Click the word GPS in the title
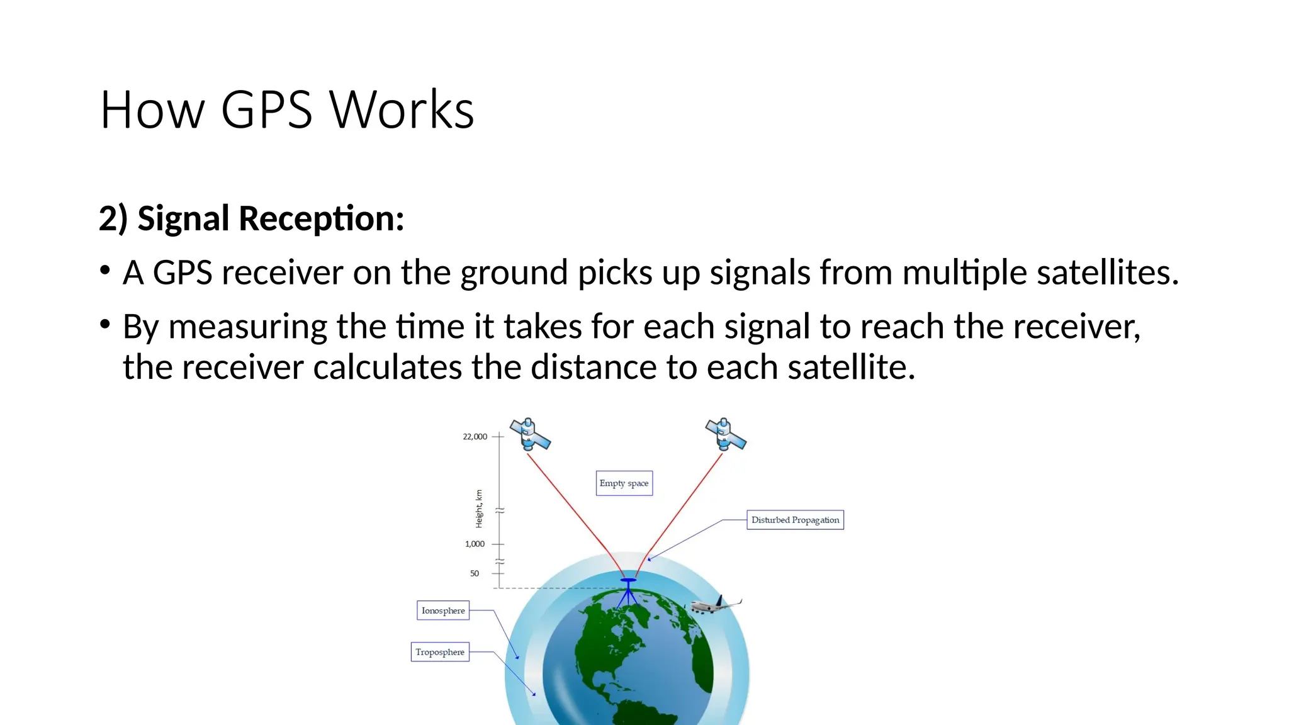(x=266, y=110)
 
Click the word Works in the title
(x=402, y=110)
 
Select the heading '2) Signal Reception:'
(x=251, y=218)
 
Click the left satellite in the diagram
(x=530, y=434)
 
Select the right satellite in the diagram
(x=726, y=434)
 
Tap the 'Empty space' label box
(x=624, y=483)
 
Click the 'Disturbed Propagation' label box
(x=795, y=520)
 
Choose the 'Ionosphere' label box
(x=443, y=610)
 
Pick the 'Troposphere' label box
(x=440, y=652)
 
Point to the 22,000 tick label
(x=475, y=436)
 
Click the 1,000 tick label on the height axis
(x=475, y=544)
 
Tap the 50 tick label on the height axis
(x=475, y=573)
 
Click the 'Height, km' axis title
(x=479, y=509)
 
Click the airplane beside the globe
(x=715, y=605)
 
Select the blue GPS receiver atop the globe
(x=628, y=590)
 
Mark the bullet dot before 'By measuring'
(x=105, y=325)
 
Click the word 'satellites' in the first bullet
(x=1106, y=273)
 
